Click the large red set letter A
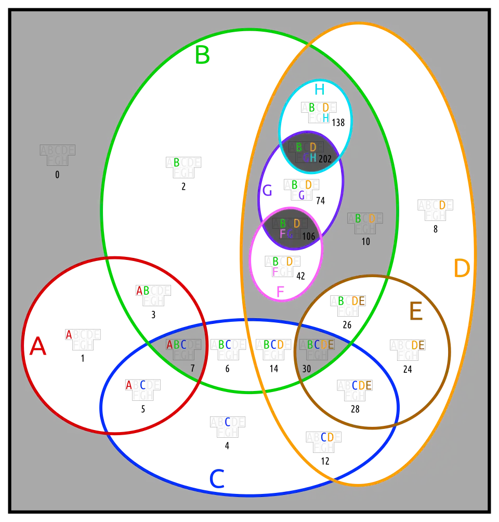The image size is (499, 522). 37,346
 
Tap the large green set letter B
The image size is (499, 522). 203,55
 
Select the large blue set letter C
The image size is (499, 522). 216,479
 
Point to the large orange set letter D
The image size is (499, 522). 461,269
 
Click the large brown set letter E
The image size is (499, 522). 416,312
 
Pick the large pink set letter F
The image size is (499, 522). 280,292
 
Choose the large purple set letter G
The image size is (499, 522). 267,191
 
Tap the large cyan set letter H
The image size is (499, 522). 319,89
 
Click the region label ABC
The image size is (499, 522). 176,345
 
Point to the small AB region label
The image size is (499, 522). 142,290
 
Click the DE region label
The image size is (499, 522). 418,345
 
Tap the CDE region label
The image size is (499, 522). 362,385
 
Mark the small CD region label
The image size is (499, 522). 327,437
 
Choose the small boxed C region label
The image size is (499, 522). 228,422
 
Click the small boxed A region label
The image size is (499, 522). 69,334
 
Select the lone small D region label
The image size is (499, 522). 442,205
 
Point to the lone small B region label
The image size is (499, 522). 176,163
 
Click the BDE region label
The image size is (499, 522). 351,301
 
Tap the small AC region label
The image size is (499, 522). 136,385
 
